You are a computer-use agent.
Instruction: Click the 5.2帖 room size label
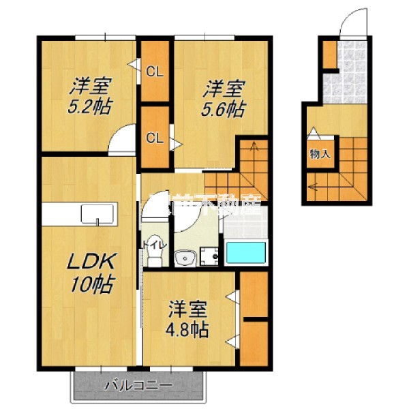(91, 107)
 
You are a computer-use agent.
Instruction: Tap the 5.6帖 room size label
(226, 107)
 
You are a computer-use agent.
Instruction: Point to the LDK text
(93, 263)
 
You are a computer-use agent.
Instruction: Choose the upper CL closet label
(155, 71)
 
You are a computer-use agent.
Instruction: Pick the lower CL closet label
(155, 138)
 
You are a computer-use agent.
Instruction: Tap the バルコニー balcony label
(138, 386)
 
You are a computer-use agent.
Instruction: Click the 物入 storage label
(319, 154)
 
